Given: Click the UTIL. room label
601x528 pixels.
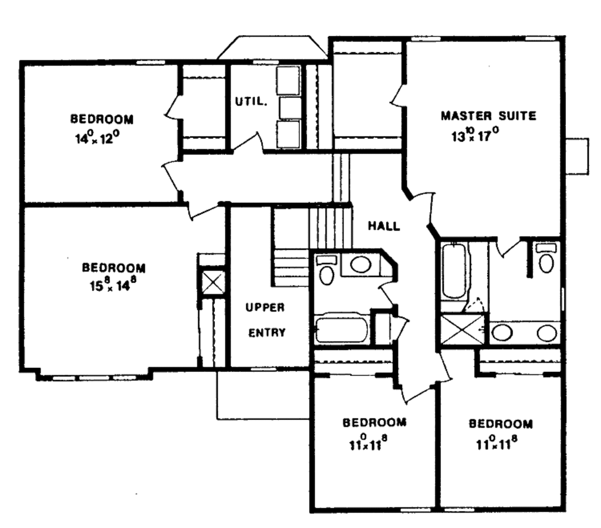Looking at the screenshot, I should pyautogui.click(x=252, y=101).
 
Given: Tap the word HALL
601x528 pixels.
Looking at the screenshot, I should pyautogui.click(x=384, y=226).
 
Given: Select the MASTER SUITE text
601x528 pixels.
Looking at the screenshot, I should pyautogui.click(x=488, y=116).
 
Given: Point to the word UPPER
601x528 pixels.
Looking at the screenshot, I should pyautogui.click(x=265, y=307).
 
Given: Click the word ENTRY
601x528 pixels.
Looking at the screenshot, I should pyautogui.click(x=267, y=333).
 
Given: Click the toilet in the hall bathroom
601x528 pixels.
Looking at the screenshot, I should pyautogui.click(x=326, y=271).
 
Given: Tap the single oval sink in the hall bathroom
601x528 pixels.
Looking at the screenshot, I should pyautogui.click(x=360, y=264).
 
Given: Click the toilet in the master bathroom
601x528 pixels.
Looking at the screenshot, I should pyautogui.click(x=546, y=260).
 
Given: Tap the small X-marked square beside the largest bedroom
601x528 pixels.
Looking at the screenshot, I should pyautogui.click(x=212, y=282).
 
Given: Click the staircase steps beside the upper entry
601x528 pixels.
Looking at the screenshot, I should pyautogui.click(x=291, y=267).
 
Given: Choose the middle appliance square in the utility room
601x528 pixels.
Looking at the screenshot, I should pyautogui.click(x=289, y=108).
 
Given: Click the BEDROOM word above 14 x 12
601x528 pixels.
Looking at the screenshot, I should pyautogui.click(x=102, y=119).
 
